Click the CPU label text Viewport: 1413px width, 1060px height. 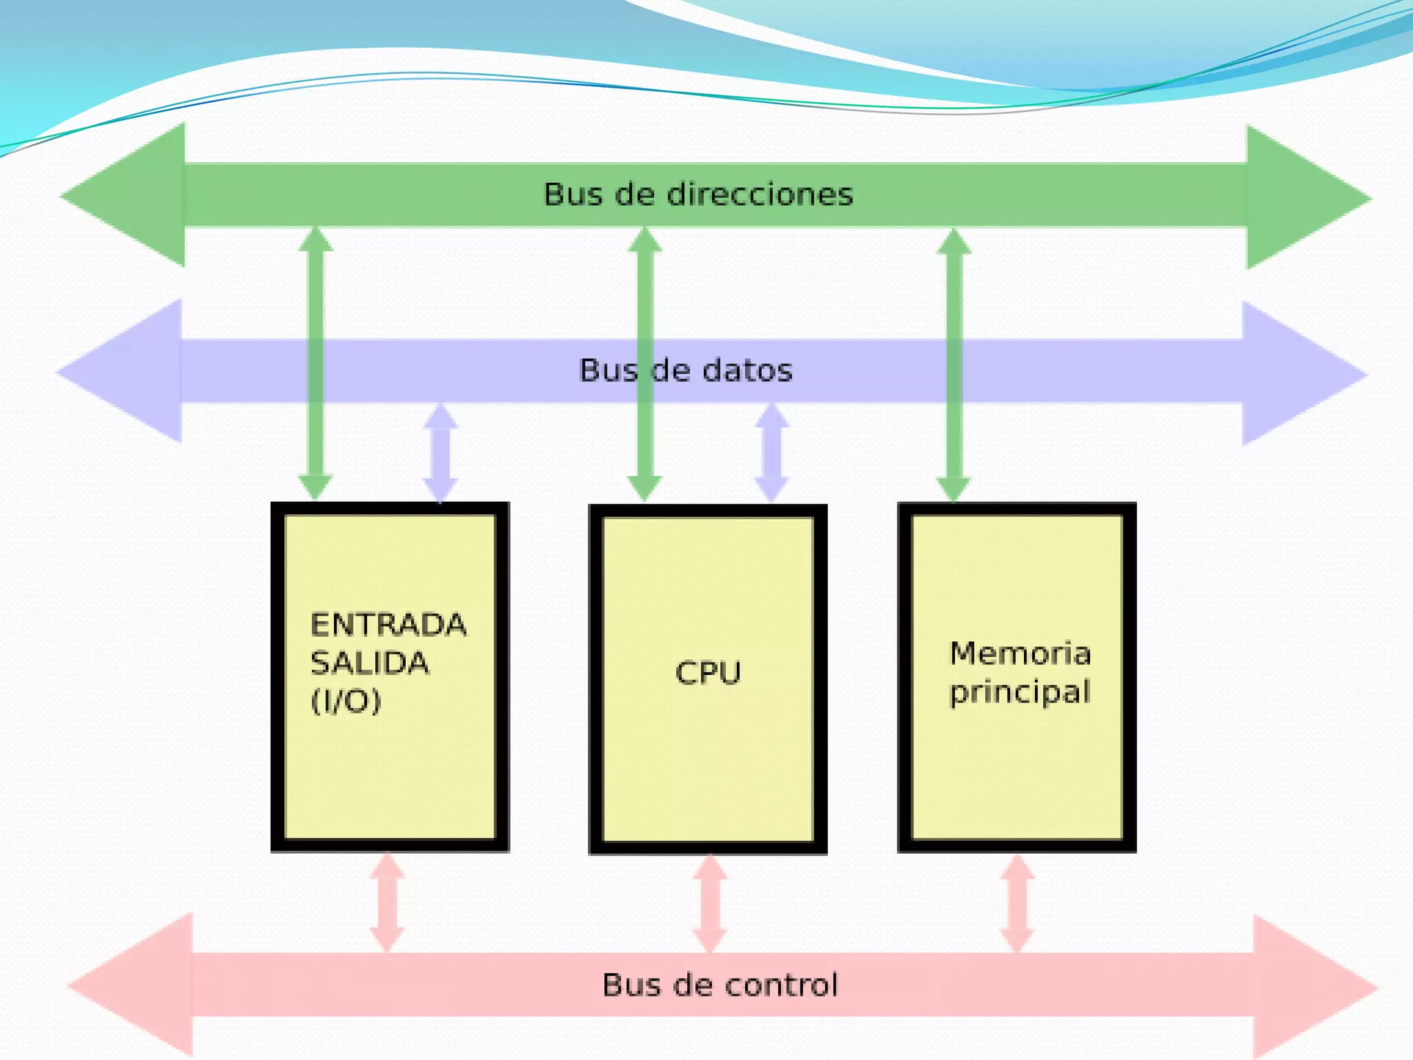708,673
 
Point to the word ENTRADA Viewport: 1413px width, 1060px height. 388,625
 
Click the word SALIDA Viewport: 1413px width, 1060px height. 370,663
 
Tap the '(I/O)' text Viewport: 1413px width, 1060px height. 346,701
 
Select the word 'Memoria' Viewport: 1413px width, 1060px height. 1020,654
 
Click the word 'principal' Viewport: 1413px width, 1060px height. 1020,692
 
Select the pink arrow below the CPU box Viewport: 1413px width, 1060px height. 710,903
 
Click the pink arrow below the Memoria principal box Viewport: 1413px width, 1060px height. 1017,903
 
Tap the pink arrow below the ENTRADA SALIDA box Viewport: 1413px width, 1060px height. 387,903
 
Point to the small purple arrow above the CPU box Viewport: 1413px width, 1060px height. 771,452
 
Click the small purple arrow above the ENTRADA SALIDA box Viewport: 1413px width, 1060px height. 440,452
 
